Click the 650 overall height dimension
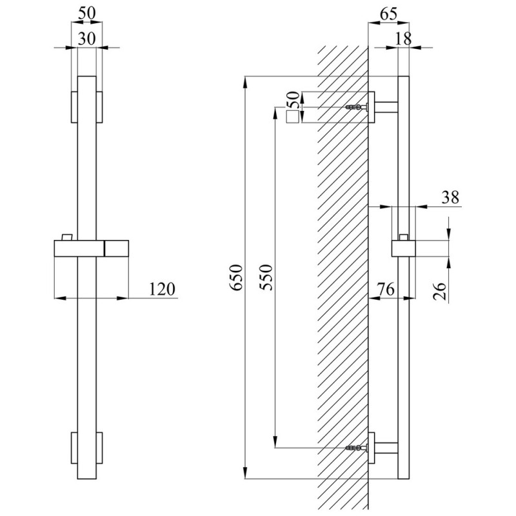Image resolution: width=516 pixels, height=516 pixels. pos(237,277)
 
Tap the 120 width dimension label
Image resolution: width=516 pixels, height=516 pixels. pos(161,290)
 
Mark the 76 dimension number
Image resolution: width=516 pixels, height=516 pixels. pos(385,290)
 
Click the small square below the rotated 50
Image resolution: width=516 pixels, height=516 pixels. pos(293,117)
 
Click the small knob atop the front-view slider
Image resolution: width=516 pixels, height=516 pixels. pos(65,234)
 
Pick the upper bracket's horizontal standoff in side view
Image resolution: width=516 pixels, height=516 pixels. pos(387,106)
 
